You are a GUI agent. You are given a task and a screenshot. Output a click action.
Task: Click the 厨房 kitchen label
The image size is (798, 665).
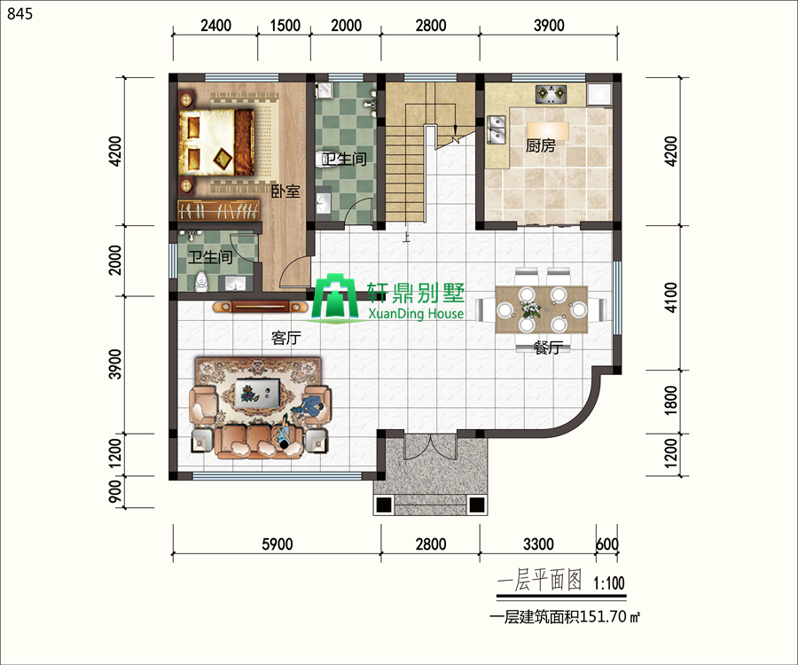click(540, 146)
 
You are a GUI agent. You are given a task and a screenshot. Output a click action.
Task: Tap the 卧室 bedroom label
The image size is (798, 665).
click(286, 192)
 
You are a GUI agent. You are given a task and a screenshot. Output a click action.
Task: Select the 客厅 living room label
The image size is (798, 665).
click(286, 338)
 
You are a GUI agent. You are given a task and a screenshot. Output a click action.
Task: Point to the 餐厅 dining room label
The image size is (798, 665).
click(548, 348)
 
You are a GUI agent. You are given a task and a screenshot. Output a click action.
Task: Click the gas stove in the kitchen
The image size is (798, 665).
click(552, 94)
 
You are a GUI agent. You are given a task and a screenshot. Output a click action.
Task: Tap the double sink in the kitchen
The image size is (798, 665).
click(496, 129)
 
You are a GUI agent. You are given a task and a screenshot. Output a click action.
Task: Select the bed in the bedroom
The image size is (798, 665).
click(216, 142)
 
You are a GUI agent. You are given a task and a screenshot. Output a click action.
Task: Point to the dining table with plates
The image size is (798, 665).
click(542, 309)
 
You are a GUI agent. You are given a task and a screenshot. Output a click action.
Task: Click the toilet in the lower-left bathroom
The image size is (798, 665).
click(201, 282)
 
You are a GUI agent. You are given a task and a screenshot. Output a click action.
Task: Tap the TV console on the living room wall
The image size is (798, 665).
click(260, 307)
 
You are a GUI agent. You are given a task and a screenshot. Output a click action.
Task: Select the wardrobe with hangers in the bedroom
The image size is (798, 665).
click(218, 210)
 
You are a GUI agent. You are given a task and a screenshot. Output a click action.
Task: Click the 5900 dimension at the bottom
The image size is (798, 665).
click(278, 544)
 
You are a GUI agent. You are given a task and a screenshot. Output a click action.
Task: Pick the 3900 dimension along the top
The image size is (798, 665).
click(549, 26)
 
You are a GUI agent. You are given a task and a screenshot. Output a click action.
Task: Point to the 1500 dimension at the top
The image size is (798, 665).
click(285, 26)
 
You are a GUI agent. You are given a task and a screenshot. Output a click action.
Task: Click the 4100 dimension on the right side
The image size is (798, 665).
click(671, 298)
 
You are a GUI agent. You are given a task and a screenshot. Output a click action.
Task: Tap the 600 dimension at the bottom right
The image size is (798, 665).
click(607, 544)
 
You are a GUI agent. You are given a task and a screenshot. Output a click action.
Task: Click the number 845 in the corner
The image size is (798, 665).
click(20, 13)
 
